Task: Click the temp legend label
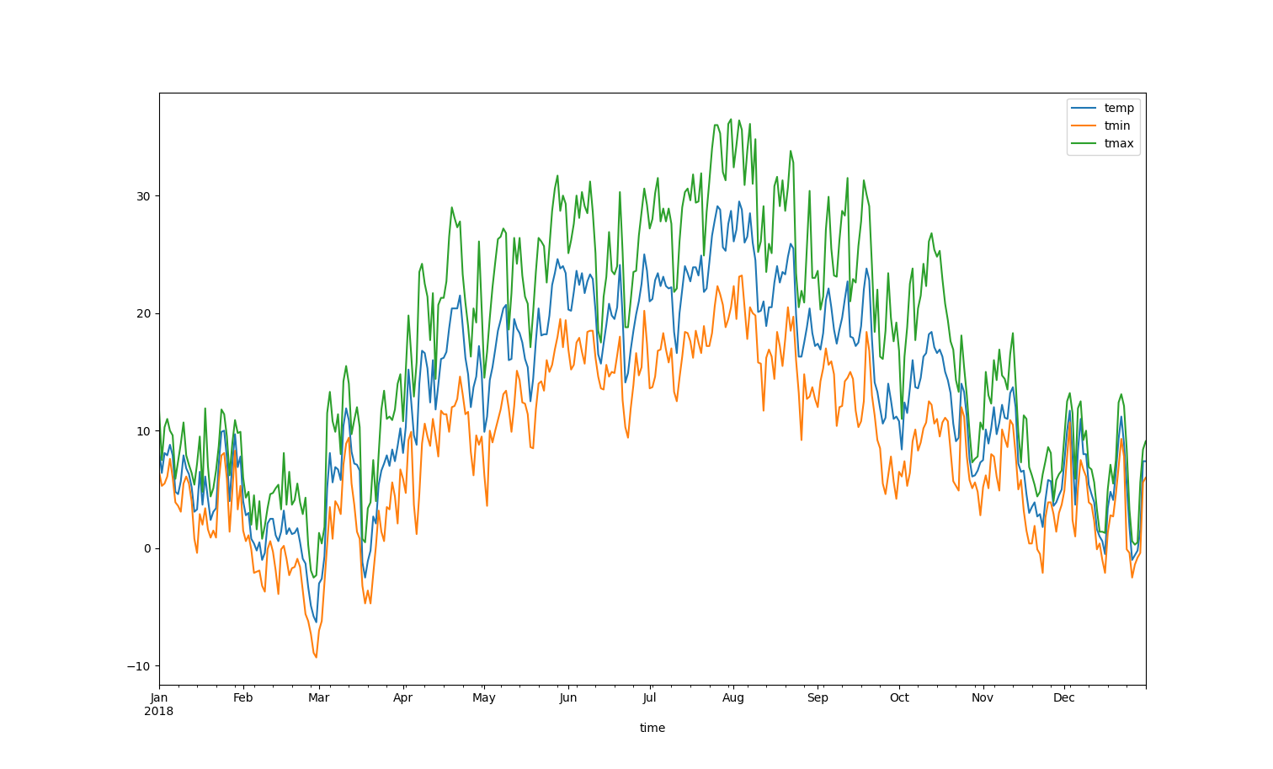coord(1119,108)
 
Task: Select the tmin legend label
coord(1117,125)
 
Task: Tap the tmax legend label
coord(1119,143)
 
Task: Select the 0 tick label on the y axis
coord(148,548)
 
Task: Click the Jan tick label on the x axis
coord(159,697)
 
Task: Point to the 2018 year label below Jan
coord(159,711)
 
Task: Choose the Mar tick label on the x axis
coord(318,697)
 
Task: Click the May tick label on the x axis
coord(484,697)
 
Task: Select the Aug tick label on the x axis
coord(733,697)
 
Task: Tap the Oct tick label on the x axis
coord(899,697)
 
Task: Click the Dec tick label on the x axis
coord(1064,697)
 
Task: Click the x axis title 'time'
coord(652,728)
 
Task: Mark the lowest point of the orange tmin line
coord(317,657)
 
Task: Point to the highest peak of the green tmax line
coord(731,120)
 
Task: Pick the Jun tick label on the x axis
coord(568,697)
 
